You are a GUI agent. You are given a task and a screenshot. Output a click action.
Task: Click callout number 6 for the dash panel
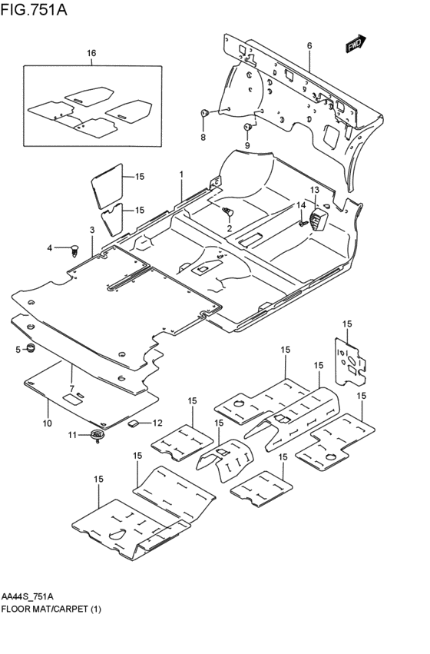tap(309, 46)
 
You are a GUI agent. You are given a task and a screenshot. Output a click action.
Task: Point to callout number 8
tap(203, 138)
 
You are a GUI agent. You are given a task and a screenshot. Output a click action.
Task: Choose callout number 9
tap(247, 145)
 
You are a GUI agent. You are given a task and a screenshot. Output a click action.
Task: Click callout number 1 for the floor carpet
tap(181, 175)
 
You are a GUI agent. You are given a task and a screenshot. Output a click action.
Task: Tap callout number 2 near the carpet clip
tap(228, 228)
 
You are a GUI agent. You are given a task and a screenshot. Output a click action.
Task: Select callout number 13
tap(314, 190)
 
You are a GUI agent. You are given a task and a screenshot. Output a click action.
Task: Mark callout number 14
tap(302, 205)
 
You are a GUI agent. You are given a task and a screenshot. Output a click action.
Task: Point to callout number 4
tap(50, 247)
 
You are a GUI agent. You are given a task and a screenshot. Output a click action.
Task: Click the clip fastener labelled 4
tap(74, 247)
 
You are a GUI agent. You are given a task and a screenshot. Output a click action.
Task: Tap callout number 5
tap(18, 350)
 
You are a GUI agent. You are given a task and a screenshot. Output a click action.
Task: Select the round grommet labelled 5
tap(32, 350)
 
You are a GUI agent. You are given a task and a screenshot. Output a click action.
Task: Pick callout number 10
tap(47, 423)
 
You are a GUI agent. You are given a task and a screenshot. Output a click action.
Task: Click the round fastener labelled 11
tap(97, 437)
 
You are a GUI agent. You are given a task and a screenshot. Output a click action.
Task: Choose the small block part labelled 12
tap(133, 422)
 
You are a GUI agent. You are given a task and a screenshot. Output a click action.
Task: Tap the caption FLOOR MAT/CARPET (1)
tap(51, 609)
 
